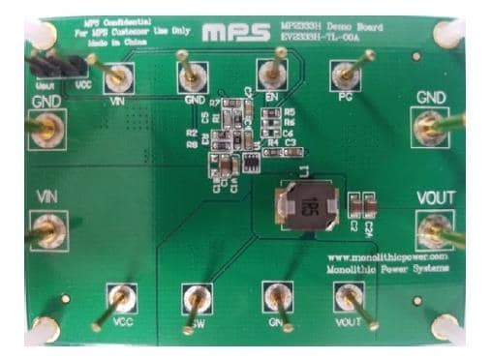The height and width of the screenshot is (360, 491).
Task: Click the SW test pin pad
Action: (197, 297)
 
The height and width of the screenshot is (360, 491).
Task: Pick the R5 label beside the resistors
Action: (289, 112)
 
